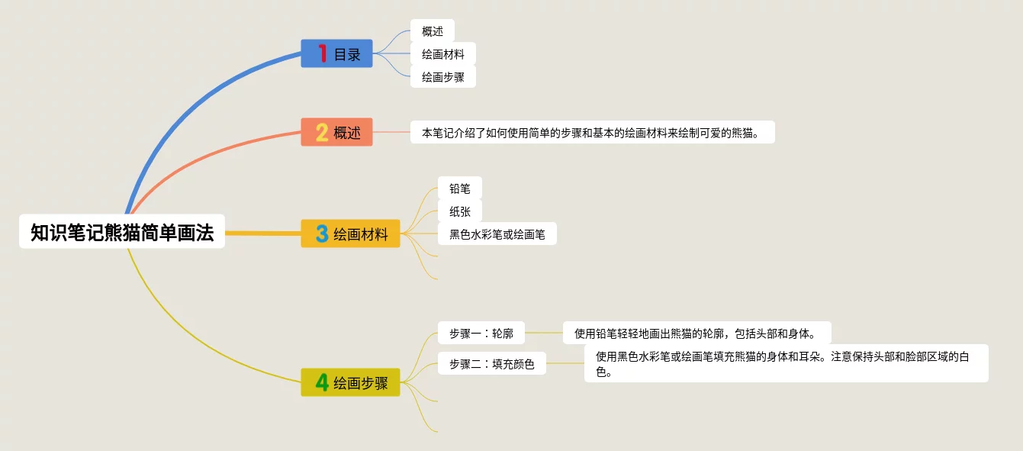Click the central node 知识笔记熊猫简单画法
coord(122,231)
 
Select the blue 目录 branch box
coord(336,54)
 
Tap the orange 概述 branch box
coord(336,132)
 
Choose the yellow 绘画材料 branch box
coord(350,234)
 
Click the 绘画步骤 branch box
coord(350,382)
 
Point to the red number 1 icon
coord(323,54)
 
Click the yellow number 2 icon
coord(322,132)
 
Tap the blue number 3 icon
coord(322,234)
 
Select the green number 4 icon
coord(322,382)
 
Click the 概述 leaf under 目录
coord(433,31)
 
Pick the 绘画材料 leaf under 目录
coord(443,54)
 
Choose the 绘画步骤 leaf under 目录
coord(443,77)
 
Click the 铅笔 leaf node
coord(460,188)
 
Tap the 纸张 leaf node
coord(460,211)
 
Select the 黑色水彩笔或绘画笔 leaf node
coord(497,234)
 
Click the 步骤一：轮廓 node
coord(481,333)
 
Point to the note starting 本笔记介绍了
coord(592,132)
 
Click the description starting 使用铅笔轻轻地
coord(696,333)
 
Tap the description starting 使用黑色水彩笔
coord(786,363)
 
